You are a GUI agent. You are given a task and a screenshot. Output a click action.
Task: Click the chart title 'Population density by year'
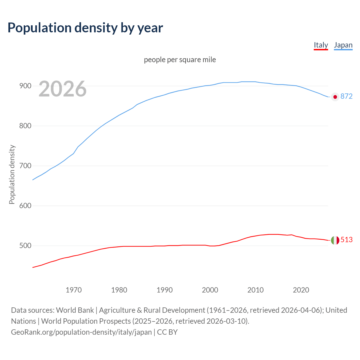pyautogui.click(x=85, y=28)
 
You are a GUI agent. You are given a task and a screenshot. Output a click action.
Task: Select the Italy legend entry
pyautogui.click(x=321, y=45)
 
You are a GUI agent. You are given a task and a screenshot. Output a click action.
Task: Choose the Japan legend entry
pyautogui.click(x=343, y=45)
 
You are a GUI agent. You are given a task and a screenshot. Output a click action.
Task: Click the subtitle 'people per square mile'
pyautogui.click(x=180, y=60)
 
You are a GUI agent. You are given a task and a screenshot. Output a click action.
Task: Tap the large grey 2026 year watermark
pyautogui.click(x=62, y=89)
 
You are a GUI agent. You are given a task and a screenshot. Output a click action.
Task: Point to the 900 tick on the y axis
pyautogui.click(x=25, y=86)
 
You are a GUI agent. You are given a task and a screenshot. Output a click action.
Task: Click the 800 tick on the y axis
pyautogui.click(x=25, y=126)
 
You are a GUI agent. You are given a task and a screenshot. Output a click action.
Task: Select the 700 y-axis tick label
pyautogui.click(x=25, y=166)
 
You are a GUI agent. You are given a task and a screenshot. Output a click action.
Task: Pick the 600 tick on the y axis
pyautogui.click(x=25, y=206)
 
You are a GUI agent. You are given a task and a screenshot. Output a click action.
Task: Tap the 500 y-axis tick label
pyautogui.click(x=25, y=246)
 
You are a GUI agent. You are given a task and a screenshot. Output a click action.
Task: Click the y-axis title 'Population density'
pyautogui.click(x=12, y=174)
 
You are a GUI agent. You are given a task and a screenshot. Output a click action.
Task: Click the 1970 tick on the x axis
pyautogui.click(x=74, y=290)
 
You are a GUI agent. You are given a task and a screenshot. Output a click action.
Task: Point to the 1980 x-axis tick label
pyautogui.click(x=119, y=290)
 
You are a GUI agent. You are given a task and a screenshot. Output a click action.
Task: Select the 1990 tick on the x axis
pyautogui.click(x=165, y=290)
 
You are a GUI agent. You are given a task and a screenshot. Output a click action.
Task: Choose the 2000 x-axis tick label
pyautogui.click(x=210, y=290)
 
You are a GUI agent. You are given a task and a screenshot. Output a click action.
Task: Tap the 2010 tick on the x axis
pyautogui.click(x=255, y=290)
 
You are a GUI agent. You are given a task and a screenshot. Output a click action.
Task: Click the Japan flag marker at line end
pyautogui.click(x=335, y=97)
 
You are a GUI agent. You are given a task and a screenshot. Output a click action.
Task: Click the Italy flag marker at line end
pyautogui.click(x=335, y=240)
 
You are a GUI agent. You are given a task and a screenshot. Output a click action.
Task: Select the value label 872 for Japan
pyautogui.click(x=346, y=96)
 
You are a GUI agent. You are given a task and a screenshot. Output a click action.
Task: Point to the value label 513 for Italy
pyautogui.click(x=346, y=240)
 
